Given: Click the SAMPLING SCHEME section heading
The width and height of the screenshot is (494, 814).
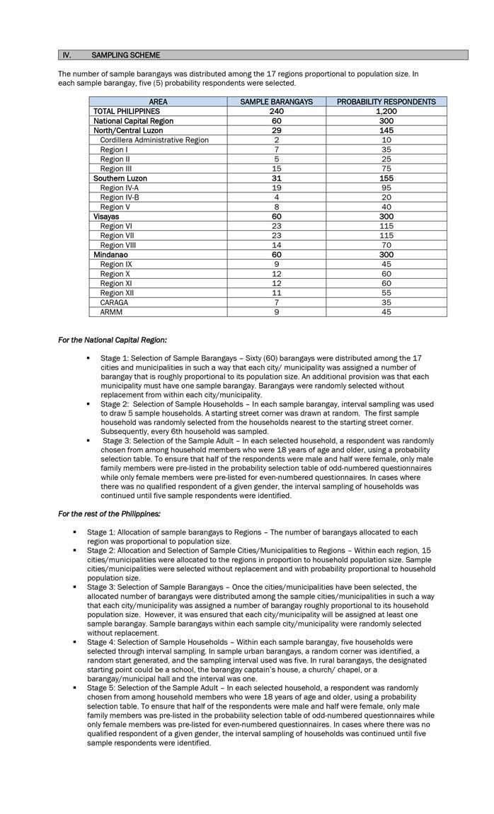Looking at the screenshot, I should (126, 55).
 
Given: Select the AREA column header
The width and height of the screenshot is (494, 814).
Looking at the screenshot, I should (159, 102).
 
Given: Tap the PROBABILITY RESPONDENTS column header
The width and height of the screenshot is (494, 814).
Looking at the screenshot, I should (386, 102).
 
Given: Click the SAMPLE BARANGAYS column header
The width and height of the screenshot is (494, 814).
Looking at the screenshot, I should (277, 102).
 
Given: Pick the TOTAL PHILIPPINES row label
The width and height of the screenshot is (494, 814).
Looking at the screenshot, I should (127, 111).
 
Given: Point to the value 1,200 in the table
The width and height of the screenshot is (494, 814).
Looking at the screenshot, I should (386, 111).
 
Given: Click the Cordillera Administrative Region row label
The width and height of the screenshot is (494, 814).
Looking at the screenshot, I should (154, 140).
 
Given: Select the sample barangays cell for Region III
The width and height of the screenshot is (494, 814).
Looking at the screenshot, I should (277, 168).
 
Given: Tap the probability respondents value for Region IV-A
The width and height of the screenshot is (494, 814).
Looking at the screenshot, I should (386, 188).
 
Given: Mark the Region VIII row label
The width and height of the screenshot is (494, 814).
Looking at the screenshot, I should (117, 245).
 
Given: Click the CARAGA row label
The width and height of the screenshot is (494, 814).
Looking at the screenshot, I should (114, 302).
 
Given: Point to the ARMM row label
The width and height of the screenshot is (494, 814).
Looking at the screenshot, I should (111, 312).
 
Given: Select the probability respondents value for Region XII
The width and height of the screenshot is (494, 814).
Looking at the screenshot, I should (386, 293).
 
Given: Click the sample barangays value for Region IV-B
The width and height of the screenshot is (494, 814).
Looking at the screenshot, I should (277, 197).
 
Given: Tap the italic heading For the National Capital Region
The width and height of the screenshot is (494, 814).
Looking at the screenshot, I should (112, 340).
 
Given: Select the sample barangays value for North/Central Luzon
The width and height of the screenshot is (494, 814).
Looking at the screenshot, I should (277, 130).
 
